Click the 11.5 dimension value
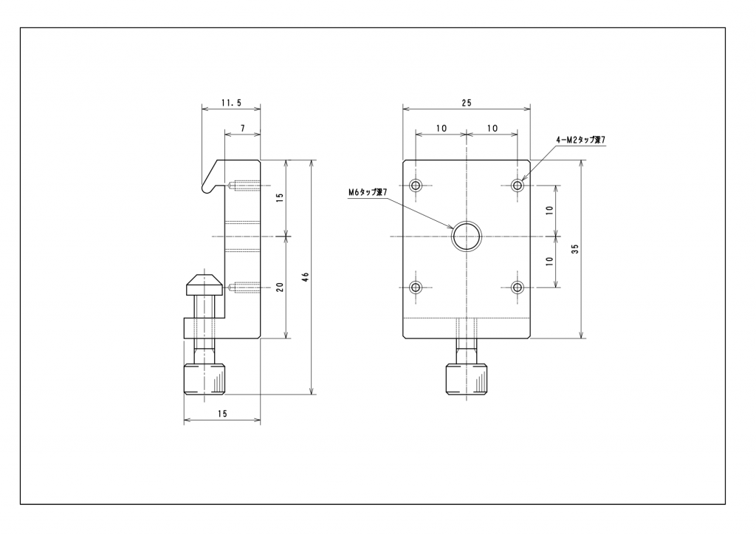pyautogui.click(x=231, y=103)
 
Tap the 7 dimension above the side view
pyautogui.click(x=242, y=129)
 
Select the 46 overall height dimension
pyautogui.click(x=305, y=277)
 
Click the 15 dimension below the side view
pyautogui.click(x=221, y=413)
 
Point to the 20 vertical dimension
pyautogui.click(x=280, y=287)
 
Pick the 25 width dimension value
pyautogui.click(x=467, y=103)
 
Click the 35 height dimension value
pyautogui.click(x=574, y=249)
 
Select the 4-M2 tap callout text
pyautogui.click(x=580, y=140)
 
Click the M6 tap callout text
pyautogui.click(x=368, y=192)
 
